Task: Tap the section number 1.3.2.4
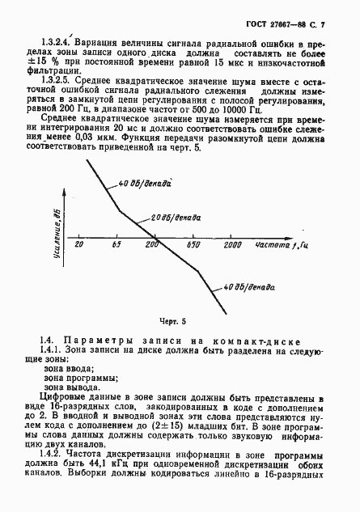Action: pyautogui.click(x=57, y=40)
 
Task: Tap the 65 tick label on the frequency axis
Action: pyautogui.click(x=116, y=243)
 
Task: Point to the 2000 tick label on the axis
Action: pyautogui.click(x=232, y=243)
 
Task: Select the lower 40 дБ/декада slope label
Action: pyautogui.click(x=252, y=288)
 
